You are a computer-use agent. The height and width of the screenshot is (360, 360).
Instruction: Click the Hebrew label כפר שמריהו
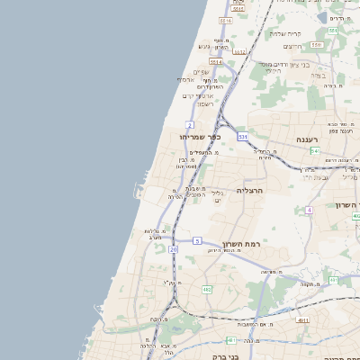(199, 137)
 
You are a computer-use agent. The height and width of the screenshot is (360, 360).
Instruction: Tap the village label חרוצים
(292, 46)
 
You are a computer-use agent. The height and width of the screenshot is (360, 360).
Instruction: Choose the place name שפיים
(201, 72)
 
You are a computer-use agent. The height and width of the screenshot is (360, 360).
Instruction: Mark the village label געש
(204, 47)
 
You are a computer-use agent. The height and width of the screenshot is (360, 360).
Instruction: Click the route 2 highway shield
(190, 124)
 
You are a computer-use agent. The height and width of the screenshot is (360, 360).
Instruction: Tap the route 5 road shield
(196, 241)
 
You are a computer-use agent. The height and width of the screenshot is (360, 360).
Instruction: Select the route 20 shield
(173, 249)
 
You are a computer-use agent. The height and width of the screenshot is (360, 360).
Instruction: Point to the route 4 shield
(309, 210)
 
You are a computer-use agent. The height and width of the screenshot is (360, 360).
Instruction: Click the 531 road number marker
(243, 136)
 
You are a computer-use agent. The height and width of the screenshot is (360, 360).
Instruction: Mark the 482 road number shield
(207, 290)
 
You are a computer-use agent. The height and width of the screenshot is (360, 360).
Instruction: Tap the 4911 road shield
(303, 320)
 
